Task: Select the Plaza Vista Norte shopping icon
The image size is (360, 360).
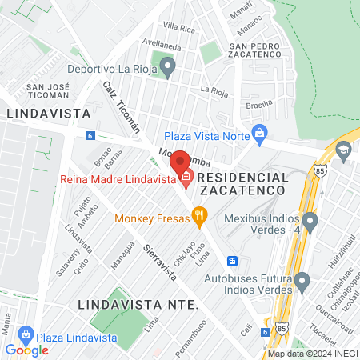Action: coord(258,133)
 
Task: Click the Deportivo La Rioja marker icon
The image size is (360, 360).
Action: coord(167,66)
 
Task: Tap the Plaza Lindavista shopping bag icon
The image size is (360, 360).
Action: coord(26,333)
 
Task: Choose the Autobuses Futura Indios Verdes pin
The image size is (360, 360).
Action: coord(302,281)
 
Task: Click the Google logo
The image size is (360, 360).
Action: coord(26,350)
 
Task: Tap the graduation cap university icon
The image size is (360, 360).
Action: coord(342,149)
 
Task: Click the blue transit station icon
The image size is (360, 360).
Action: coord(233,261)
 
